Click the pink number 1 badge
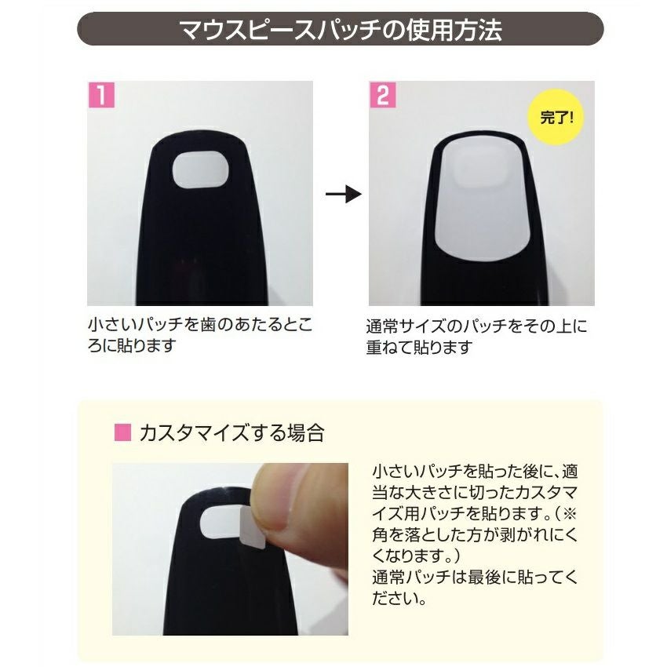click(x=101, y=94)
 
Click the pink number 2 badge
click(x=383, y=94)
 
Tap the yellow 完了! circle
click(x=556, y=118)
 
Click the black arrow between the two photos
click(x=344, y=195)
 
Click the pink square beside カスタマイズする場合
click(x=122, y=432)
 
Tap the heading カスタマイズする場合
click(x=232, y=433)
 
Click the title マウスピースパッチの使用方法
click(x=341, y=29)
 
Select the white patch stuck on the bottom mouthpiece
click(x=221, y=523)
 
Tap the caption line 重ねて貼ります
click(x=420, y=348)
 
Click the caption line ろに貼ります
click(x=132, y=345)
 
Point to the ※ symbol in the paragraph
click(x=569, y=513)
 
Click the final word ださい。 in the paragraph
click(x=399, y=599)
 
